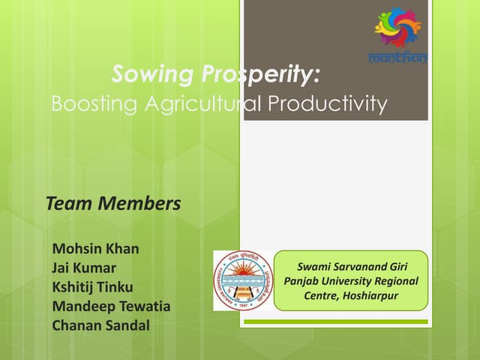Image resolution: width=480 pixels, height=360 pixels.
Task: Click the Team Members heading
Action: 113,202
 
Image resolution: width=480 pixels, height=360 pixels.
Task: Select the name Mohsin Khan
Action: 95,248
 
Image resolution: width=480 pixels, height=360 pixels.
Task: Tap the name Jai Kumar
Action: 84,268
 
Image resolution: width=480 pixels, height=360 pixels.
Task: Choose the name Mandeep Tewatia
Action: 111,306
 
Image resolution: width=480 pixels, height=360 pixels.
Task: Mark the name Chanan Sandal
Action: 100,325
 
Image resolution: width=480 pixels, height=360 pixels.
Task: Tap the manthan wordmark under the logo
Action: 398,58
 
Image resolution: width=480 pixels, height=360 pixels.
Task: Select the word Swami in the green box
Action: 316,265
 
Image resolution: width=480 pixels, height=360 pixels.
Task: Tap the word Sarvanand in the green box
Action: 364,265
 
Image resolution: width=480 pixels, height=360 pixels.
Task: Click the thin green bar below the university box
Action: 334,322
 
